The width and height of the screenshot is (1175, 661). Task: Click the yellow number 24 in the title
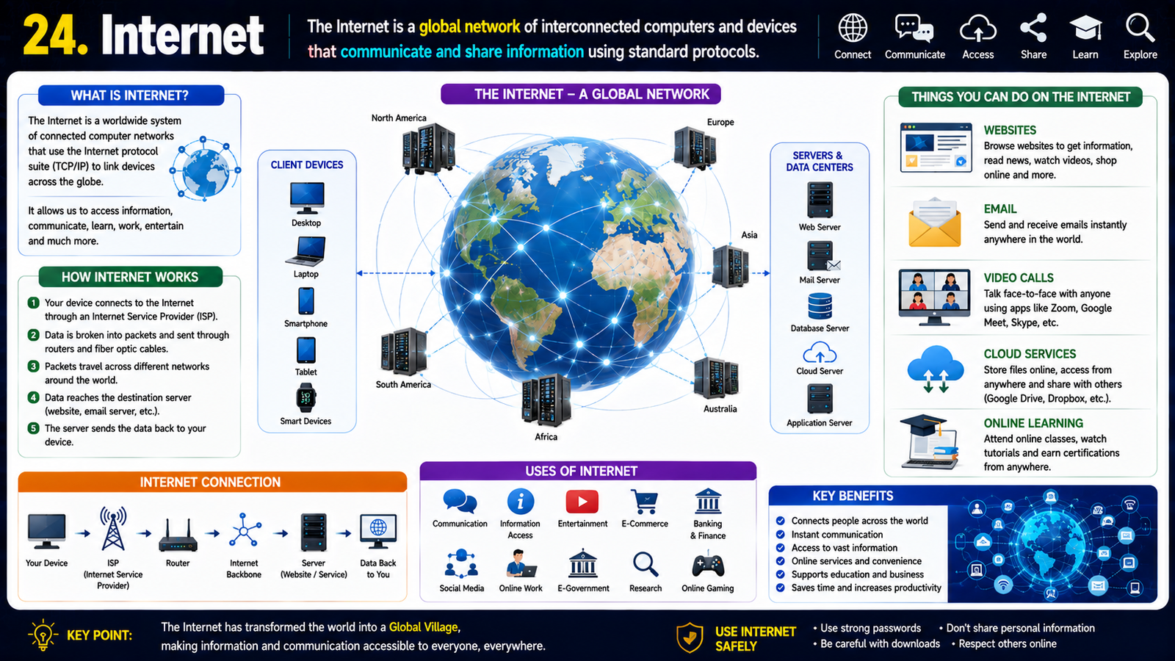pyautogui.click(x=55, y=35)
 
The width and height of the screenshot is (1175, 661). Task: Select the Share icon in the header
pyautogui.click(x=1033, y=28)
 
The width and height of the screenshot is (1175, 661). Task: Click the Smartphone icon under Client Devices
pyautogui.click(x=305, y=301)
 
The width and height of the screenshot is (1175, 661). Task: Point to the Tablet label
pyautogui.click(x=305, y=372)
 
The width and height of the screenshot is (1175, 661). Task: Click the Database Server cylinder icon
pyautogui.click(x=820, y=306)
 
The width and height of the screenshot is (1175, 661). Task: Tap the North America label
pyautogui.click(x=399, y=118)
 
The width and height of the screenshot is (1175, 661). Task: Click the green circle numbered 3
pyautogui.click(x=33, y=366)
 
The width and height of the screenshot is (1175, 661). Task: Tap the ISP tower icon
pyautogui.click(x=113, y=528)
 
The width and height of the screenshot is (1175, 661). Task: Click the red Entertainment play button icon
pyautogui.click(x=582, y=502)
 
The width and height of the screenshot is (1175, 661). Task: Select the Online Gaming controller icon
pyautogui.click(x=708, y=566)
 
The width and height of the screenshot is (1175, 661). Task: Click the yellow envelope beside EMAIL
pyautogui.click(x=934, y=223)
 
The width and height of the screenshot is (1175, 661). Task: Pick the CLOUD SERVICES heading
pyautogui.click(x=1029, y=354)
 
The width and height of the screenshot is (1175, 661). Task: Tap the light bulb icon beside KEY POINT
pyautogui.click(x=43, y=635)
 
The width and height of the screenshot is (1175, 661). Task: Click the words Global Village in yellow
pyautogui.click(x=423, y=627)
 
